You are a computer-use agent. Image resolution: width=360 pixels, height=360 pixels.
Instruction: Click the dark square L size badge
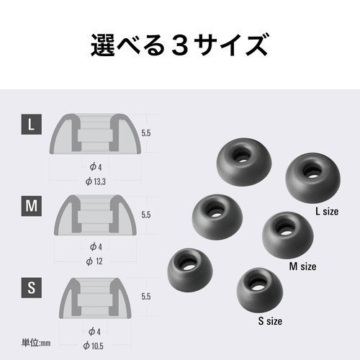point(32,125)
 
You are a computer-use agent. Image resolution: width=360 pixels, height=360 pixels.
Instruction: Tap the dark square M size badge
point(32,206)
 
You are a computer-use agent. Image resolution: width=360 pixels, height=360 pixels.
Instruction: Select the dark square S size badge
point(32,288)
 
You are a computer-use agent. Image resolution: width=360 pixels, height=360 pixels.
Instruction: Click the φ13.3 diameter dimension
point(96,181)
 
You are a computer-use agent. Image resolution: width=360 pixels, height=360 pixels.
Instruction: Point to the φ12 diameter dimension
point(94,261)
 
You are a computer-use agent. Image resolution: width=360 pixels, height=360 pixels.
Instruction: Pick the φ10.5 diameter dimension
point(94,346)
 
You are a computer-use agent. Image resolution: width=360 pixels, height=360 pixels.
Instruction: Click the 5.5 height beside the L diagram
point(146,133)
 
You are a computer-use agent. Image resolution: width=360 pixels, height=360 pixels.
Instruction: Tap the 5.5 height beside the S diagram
point(146,297)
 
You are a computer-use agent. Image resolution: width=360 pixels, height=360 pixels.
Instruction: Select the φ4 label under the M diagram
point(96,247)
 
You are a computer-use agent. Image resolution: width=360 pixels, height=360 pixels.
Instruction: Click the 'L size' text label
point(327,212)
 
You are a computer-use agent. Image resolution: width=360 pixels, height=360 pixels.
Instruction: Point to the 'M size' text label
point(302,266)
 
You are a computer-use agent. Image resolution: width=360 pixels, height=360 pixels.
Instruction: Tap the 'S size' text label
point(270,321)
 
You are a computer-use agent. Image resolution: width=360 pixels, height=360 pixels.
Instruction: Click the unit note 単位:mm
point(36,343)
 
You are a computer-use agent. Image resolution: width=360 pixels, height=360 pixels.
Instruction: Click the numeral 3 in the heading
point(180,45)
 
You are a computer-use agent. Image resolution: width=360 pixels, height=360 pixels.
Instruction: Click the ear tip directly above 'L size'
point(312,178)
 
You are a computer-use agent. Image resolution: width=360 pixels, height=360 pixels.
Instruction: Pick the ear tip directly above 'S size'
point(260,290)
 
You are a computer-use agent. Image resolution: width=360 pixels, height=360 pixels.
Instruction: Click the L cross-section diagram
point(95,134)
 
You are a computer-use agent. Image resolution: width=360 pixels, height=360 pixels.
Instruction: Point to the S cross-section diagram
point(95,298)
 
